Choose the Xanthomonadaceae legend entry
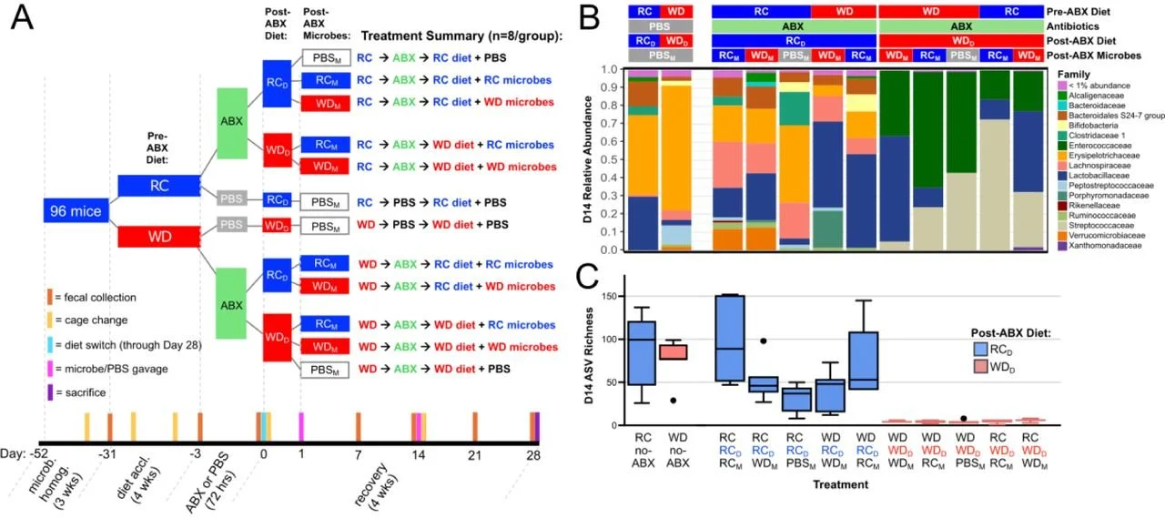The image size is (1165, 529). [1104, 247]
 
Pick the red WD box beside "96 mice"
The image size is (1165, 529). [160, 237]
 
